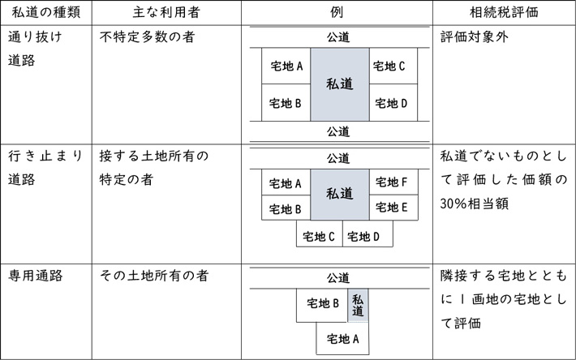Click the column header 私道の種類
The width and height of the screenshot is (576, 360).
coord(46,12)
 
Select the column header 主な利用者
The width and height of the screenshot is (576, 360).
coord(166,12)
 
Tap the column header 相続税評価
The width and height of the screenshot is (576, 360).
coord(504,12)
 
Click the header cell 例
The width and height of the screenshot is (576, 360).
coord(337,12)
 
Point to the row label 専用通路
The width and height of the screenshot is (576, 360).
coord(36,276)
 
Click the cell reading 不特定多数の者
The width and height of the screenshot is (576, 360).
coord(147,36)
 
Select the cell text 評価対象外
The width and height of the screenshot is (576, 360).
coord(475,36)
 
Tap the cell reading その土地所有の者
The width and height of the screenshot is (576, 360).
coord(154,276)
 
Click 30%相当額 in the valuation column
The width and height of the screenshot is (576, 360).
coord(475,204)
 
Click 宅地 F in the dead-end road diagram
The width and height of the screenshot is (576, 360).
coord(392,182)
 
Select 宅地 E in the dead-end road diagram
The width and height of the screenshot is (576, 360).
coord(392,208)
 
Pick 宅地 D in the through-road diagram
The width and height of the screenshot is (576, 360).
coord(391,104)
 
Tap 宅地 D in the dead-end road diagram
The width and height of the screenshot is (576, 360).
coord(363,237)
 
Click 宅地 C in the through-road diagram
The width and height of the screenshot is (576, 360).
coord(389,66)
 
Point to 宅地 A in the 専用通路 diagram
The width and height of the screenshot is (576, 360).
coord(342,339)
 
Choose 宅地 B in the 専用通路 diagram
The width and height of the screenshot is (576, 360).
coord(323,303)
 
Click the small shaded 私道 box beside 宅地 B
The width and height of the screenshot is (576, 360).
coord(358,306)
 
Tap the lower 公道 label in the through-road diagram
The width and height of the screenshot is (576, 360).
coord(338,131)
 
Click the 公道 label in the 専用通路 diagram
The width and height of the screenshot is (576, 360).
coord(338,278)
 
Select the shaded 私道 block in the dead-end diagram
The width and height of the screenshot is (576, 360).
coord(340,195)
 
